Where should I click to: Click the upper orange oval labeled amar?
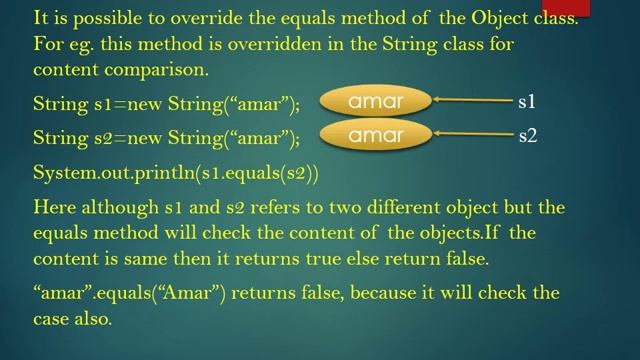(x=375, y=101)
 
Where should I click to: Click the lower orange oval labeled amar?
(x=375, y=135)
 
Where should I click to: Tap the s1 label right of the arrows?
(x=527, y=102)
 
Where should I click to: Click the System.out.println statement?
(x=175, y=173)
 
